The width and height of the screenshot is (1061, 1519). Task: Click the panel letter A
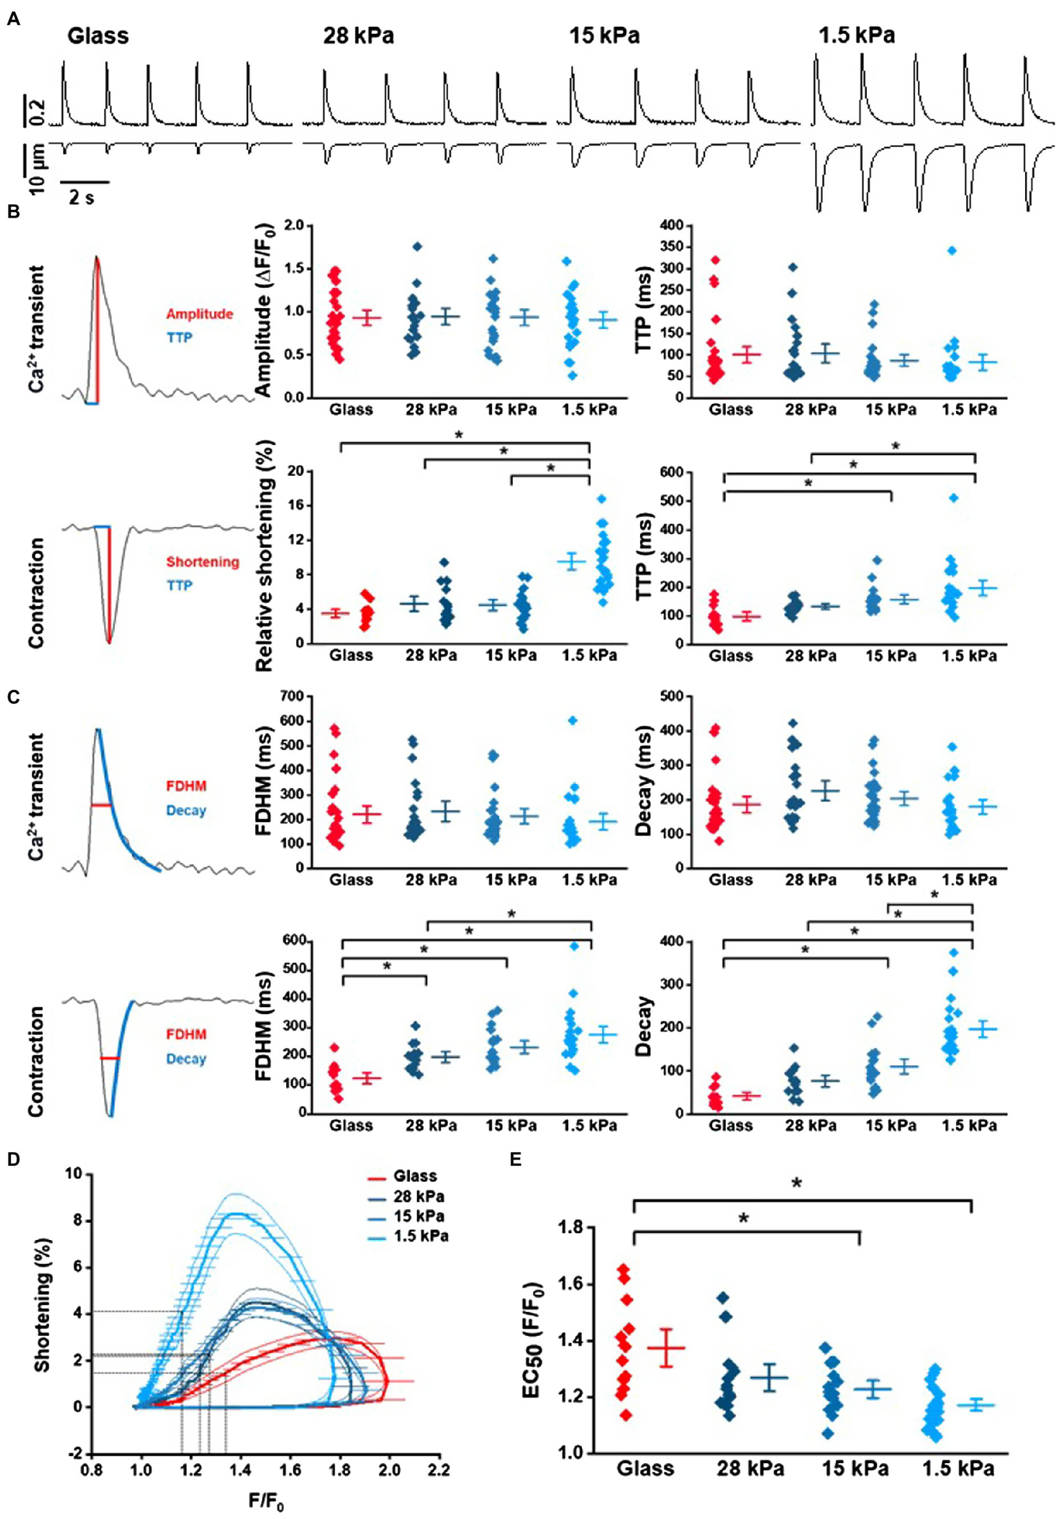coord(14,20)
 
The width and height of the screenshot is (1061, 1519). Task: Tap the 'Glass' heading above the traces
coord(97,35)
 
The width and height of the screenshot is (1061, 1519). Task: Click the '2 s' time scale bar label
coord(82,198)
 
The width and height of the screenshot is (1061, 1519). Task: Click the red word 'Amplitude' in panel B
coord(199,314)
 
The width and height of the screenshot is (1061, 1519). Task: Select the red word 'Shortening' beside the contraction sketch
coord(203,562)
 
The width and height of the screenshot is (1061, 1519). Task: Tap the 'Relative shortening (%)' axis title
coord(264,556)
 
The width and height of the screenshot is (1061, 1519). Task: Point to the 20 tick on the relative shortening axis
coord(296,471)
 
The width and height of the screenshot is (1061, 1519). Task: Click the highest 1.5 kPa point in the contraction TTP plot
coord(954,497)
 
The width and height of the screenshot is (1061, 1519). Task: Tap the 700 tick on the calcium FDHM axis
coord(292,696)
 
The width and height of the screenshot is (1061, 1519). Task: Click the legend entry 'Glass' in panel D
coord(415,1176)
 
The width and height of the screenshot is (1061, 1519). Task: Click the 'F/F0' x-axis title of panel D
coord(266,1500)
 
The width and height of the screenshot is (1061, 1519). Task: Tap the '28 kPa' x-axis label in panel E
coord(750,1467)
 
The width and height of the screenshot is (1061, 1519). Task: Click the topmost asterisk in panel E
coord(796,1184)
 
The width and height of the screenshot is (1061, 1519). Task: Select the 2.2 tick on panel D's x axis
coord(438,1469)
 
